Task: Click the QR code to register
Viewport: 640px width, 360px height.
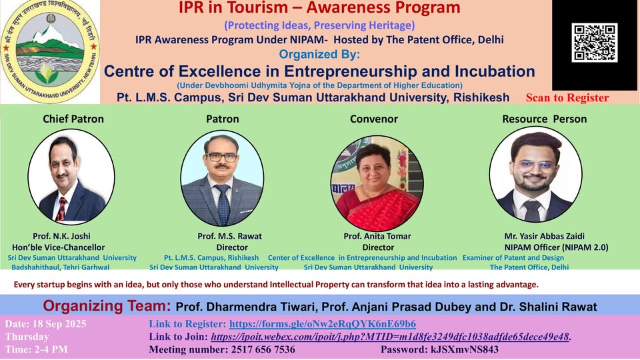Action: (594, 43)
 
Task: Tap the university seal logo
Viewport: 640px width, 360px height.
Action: (50, 51)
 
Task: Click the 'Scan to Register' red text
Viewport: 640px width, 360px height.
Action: (567, 97)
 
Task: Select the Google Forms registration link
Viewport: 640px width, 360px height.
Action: (323, 324)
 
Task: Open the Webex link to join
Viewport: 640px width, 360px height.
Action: (390, 337)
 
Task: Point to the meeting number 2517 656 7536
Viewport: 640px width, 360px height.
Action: (263, 349)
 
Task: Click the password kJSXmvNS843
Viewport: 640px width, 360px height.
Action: (465, 349)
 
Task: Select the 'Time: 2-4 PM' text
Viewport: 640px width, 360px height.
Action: (36, 349)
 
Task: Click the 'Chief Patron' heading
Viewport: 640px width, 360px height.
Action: (73, 119)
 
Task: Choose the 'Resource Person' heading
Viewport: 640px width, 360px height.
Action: (545, 119)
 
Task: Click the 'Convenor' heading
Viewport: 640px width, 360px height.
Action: (374, 119)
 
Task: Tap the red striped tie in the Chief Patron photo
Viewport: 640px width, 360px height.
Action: (61, 209)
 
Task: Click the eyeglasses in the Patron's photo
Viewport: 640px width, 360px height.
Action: (222, 157)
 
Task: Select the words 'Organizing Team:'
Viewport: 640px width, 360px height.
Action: (107, 306)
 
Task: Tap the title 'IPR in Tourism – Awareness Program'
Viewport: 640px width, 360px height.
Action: (319, 7)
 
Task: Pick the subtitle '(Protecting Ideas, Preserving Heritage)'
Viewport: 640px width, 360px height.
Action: (319, 25)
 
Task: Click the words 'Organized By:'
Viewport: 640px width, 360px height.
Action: (319, 54)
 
